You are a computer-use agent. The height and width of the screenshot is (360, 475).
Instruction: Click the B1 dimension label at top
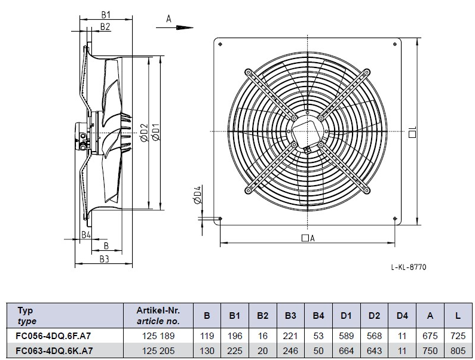(106, 14)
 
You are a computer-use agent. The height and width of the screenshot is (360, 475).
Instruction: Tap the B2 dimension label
(105, 27)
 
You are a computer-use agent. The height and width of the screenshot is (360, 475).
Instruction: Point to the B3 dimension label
(104, 259)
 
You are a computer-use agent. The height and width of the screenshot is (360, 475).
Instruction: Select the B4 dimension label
(86, 235)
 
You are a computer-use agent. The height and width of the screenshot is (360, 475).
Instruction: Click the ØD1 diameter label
(156, 132)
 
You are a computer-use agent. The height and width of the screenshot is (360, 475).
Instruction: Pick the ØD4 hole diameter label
(197, 195)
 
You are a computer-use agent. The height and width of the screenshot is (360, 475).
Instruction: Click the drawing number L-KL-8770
(409, 267)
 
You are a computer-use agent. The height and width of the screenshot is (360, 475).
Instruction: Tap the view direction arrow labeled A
(175, 27)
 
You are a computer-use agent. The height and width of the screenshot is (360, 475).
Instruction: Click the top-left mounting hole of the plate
(220, 44)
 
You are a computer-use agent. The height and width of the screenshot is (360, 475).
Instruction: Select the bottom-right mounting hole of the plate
(395, 219)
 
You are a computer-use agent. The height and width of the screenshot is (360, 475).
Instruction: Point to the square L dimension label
(412, 132)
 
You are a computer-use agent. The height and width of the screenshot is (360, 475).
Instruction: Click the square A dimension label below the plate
(308, 238)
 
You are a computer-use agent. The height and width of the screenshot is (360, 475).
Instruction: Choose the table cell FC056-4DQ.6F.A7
(53, 336)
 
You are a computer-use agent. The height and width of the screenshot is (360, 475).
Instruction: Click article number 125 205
(158, 350)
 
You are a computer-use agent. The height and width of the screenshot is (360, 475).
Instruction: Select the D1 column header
(346, 316)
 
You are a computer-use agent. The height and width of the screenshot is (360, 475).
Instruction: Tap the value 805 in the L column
(458, 350)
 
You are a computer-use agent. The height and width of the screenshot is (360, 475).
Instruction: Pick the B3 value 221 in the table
(290, 336)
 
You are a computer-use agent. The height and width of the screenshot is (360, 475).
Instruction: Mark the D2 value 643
(374, 350)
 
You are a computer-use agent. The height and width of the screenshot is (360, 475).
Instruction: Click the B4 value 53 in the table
(318, 336)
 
